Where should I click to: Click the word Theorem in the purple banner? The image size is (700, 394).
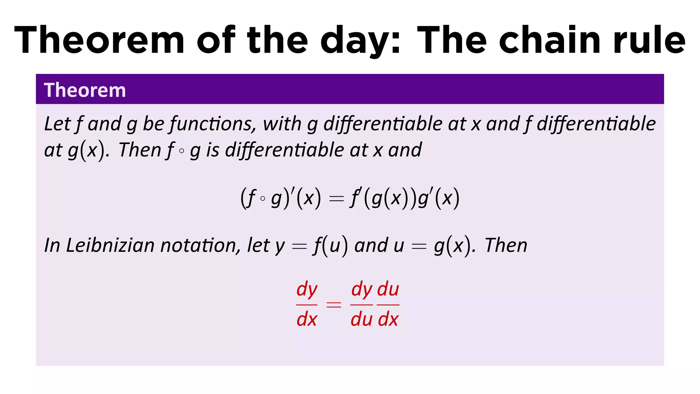pyautogui.click(x=85, y=90)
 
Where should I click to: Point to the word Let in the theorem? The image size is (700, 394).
pyautogui.click(x=57, y=124)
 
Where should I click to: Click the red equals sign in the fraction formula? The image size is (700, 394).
pyautogui.click(x=334, y=304)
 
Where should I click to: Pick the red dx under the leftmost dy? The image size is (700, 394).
pyautogui.click(x=307, y=320)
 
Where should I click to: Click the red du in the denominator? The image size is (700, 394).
pyautogui.click(x=361, y=320)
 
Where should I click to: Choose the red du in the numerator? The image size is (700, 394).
pyautogui.click(x=388, y=289)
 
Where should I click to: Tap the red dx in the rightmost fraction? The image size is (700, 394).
pyautogui.click(x=388, y=320)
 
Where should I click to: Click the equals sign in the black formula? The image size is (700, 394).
pyautogui.click(x=336, y=199)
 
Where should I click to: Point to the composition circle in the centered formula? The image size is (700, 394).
pyautogui.click(x=262, y=198)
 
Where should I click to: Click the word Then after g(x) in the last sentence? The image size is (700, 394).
pyautogui.click(x=506, y=245)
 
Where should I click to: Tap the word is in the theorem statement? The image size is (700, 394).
pyautogui.click(x=212, y=150)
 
